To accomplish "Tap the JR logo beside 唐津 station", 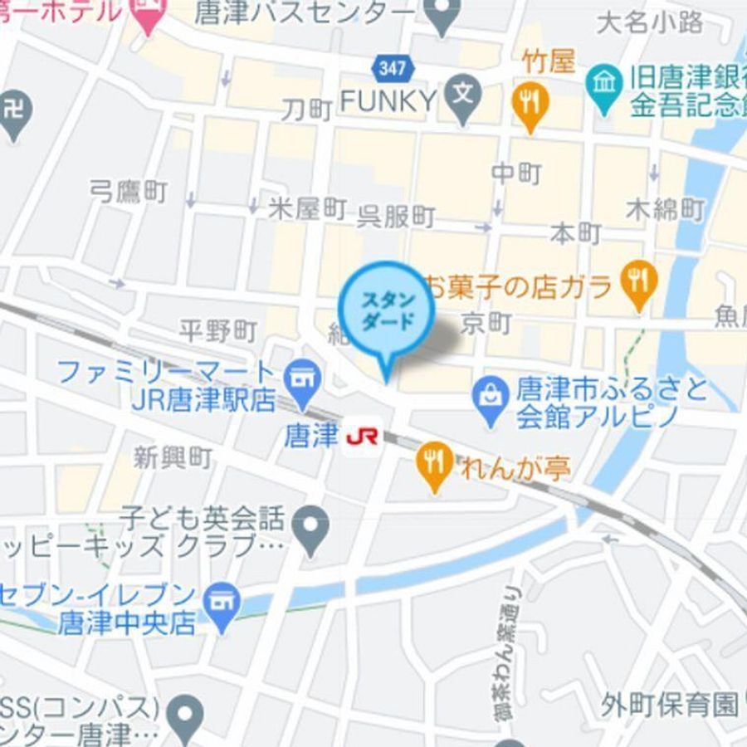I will tap(362, 437).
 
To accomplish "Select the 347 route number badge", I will tap(391, 68).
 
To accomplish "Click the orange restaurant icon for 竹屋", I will tap(530, 105).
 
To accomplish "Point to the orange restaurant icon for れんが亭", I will tap(434, 461).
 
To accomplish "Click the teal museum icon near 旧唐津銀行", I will tap(605, 84).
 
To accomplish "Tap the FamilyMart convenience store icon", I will tap(300, 378).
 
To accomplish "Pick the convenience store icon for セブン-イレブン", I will tap(220, 600).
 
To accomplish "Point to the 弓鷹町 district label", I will tap(129, 193).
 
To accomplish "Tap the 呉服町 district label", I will tap(396, 217).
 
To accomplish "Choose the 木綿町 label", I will tap(666, 209).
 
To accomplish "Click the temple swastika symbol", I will tap(12, 111).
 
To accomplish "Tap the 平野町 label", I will tap(217, 331).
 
